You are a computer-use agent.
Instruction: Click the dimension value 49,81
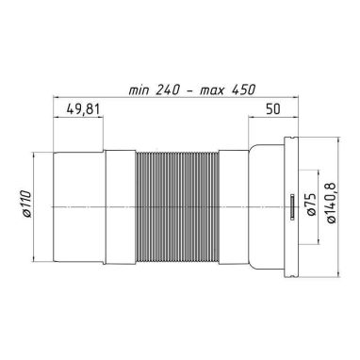(x=83, y=109)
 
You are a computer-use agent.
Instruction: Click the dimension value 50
(x=273, y=109)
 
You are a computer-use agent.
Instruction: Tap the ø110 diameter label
(x=27, y=204)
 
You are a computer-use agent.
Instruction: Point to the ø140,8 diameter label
(x=332, y=203)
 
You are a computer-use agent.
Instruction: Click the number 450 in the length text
(x=243, y=90)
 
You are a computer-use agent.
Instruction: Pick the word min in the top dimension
(x=139, y=90)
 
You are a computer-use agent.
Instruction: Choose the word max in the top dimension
(x=213, y=90)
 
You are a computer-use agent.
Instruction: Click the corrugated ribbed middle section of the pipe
(x=177, y=206)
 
